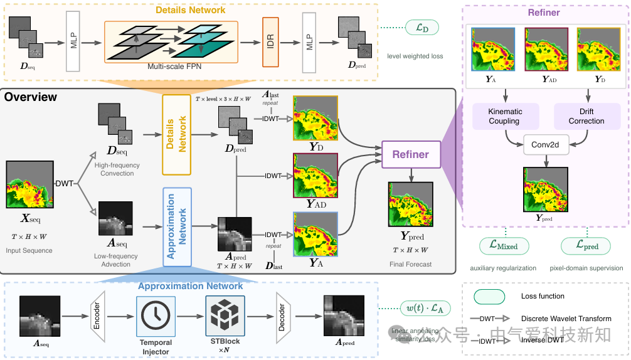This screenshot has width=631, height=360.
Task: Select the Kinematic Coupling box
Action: pyautogui.click(x=505, y=116)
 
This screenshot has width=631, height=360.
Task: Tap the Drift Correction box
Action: pyautogui.click(x=586, y=116)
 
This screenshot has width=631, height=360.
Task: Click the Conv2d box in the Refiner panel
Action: pyautogui.click(x=546, y=145)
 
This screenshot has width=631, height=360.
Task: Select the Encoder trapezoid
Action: pyautogui.click(x=97, y=317)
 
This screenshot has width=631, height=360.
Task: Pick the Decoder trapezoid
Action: pyautogui.click(x=280, y=317)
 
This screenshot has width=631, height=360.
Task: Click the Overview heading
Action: pyautogui.click(x=31, y=97)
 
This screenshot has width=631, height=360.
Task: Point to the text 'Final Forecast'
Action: pyautogui.click(x=410, y=265)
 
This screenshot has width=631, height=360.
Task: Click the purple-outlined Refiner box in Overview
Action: pyautogui.click(x=410, y=154)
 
